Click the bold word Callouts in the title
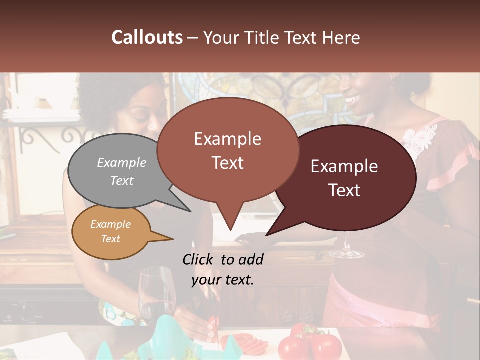147,37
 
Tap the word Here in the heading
340,37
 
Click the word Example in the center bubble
227,139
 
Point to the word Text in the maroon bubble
345,190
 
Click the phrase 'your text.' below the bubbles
223,280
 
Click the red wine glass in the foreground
156,295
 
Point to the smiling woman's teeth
354,97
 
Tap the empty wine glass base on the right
346,254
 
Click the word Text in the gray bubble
122,180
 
